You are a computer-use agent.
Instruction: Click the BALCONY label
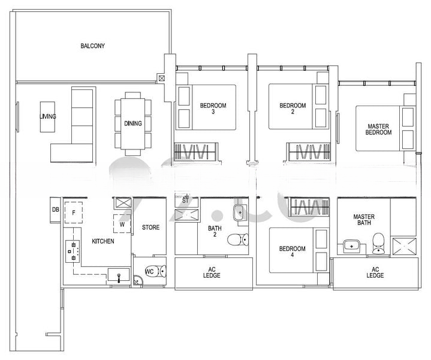[93, 46]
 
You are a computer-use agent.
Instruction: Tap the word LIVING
[47, 116]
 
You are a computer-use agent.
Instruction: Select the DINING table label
[133, 124]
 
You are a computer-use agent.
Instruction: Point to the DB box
[55, 210]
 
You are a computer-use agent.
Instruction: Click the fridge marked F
[73, 213]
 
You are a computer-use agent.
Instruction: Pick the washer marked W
[122, 224]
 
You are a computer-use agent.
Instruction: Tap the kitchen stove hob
[73, 251]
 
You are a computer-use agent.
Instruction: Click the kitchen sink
[119, 275]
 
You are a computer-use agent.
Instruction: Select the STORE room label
[150, 227]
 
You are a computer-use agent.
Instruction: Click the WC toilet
[156, 271]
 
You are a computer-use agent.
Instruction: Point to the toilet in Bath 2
[238, 240]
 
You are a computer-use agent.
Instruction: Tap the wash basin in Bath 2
[240, 213]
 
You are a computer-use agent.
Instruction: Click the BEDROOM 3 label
[213, 109]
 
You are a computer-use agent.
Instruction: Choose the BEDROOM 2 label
[293, 109]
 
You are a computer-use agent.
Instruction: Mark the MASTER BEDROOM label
[378, 129]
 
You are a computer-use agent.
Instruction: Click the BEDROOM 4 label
[292, 251]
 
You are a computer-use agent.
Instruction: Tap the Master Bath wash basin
[351, 245]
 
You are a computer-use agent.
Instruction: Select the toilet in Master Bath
[378, 244]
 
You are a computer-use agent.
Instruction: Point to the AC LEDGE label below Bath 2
[212, 272]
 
